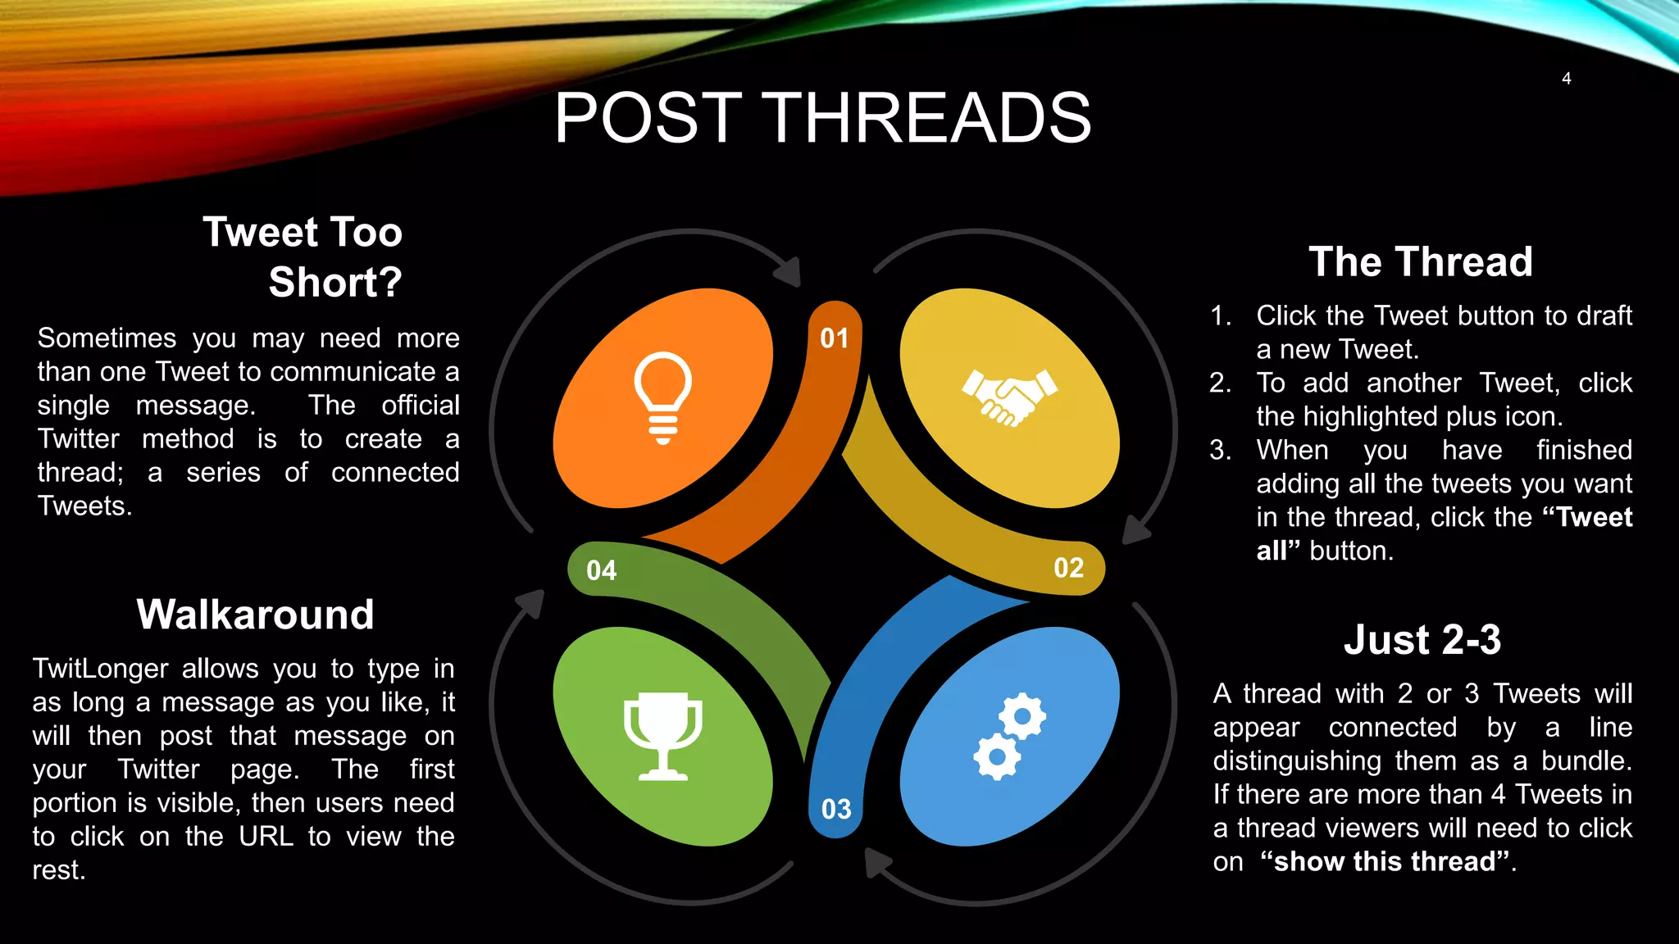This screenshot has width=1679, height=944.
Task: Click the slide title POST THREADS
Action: coord(822,118)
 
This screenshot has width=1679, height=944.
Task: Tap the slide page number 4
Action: coord(1566,79)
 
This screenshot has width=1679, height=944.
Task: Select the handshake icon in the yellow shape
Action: coord(1009,397)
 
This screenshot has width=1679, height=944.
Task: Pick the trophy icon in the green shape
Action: coord(662,736)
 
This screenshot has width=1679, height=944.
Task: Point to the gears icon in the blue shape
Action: coord(1009,736)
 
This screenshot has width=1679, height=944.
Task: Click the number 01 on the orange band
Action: coord(835,338)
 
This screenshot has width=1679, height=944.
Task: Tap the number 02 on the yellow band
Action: coord(1068,568)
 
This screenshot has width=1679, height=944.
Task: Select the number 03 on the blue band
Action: coord(836,810)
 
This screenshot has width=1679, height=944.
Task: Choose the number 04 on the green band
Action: coord(601,570)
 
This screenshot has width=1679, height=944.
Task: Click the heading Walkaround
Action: coord(255,615)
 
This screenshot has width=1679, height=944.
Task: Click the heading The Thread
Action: coord(1420,262)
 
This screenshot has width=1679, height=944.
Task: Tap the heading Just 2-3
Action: coord(1422,640)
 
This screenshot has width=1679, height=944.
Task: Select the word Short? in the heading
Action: coord(335,283)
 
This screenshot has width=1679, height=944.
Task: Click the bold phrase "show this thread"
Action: coord(1385,861)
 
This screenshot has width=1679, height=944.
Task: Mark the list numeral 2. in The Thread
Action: coord(1220,383)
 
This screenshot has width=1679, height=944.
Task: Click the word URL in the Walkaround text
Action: coord(266,837)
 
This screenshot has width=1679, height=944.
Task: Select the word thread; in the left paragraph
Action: coord(80,473)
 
